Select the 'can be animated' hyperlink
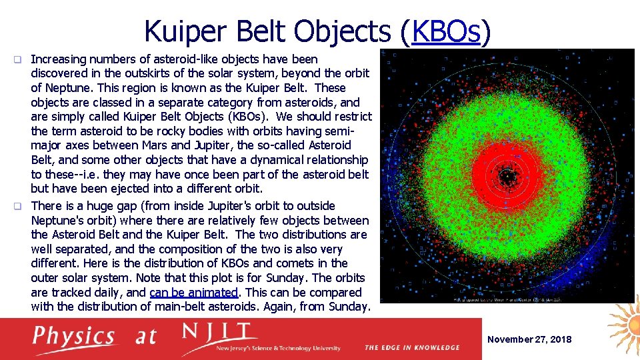[x=194, y=292]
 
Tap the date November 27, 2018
[x=529, y=339]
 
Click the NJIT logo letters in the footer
[x=220, y=333]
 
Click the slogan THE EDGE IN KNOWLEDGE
[x=412, y=347]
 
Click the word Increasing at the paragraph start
[x=57, y=59]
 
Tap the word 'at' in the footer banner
[x=146, y=336]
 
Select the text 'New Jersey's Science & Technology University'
[x=279, y=348]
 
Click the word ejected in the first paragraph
[x=124, y=189]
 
